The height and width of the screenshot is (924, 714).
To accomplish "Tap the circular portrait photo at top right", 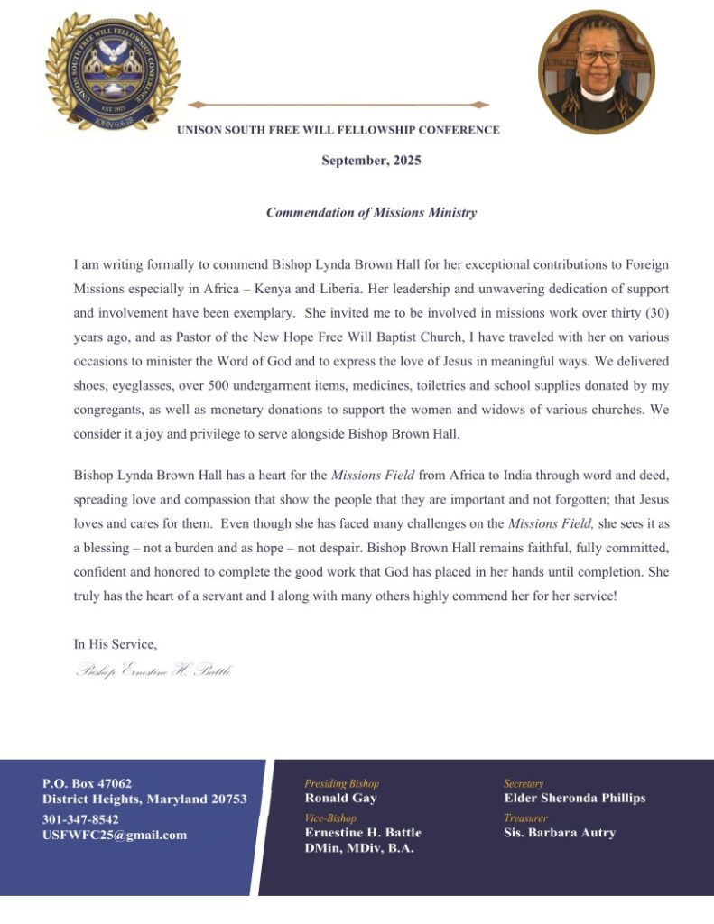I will coord(596,71).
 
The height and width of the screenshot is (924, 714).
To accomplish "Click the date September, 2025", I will coord(371,161).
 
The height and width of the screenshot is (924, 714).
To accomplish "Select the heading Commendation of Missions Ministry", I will coord(371,213).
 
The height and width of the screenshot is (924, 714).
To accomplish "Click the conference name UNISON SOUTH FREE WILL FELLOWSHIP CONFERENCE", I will coord(338,130).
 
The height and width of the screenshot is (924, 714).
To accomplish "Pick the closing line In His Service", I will coord(116,644).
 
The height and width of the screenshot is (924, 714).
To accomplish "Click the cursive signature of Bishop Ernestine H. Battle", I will coord(153,671).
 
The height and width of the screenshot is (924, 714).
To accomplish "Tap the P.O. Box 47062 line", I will coord(87,783).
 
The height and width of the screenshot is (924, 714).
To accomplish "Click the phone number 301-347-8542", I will coord(80,819).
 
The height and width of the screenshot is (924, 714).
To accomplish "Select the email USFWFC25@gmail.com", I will coord(115,835).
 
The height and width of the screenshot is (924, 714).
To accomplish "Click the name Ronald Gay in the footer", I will coord(340,798).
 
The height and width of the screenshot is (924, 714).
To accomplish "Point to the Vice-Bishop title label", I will coord(330,818).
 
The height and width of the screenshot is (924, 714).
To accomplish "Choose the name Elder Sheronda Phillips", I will coord(574,798).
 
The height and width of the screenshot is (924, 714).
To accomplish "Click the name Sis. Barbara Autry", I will coord(559,832).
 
